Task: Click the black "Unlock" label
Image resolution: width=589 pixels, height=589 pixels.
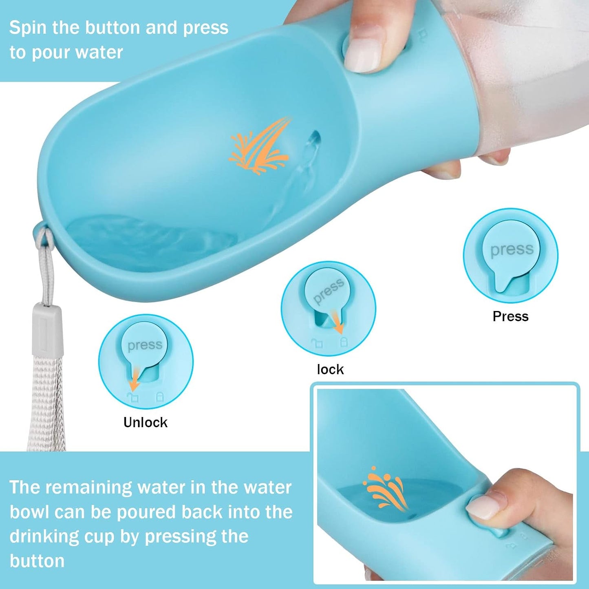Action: [x=146, y=422]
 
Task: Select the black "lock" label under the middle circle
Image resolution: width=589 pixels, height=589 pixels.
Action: [x=330, y=370]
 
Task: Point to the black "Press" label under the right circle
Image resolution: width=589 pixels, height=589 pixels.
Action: [x=510, y=316]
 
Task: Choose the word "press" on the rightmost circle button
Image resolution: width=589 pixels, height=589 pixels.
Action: [x=512, y=250]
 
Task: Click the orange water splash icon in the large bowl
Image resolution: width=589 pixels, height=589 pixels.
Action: [x=260, y=146]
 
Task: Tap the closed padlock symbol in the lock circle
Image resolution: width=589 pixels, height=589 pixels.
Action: [x=344, y=342]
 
